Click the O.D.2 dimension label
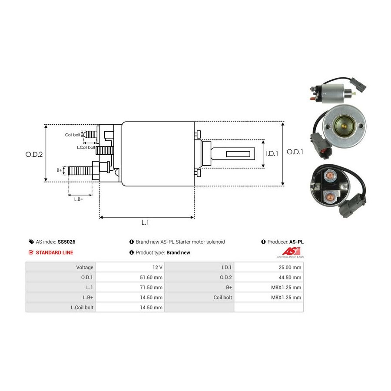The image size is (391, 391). click(34, 155)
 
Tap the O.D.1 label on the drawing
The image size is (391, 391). click(295, 152)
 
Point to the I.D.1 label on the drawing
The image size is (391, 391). click(272, 154)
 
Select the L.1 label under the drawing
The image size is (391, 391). click(145, 222)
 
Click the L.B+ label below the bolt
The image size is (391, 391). click(79, 199)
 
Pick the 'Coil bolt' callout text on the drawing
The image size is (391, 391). click(73, 135)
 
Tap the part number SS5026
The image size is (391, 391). click(66, 242)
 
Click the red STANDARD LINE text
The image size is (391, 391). click(54, 252)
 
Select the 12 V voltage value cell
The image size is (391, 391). click(157, 267)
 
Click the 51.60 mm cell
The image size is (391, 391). click(151, 277)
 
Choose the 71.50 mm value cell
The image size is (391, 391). click(151, 287)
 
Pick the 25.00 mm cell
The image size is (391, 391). click(290, 267)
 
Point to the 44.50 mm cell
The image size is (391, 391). click(290, 277)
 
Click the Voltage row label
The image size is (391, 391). click(85, 267)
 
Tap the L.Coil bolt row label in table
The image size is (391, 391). click(82, 308)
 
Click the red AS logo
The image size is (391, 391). click(291, 251)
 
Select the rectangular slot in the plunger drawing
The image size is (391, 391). click(238, 154)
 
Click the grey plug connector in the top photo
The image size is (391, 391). click(358, 83)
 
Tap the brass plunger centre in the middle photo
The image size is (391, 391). click(344, 126)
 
